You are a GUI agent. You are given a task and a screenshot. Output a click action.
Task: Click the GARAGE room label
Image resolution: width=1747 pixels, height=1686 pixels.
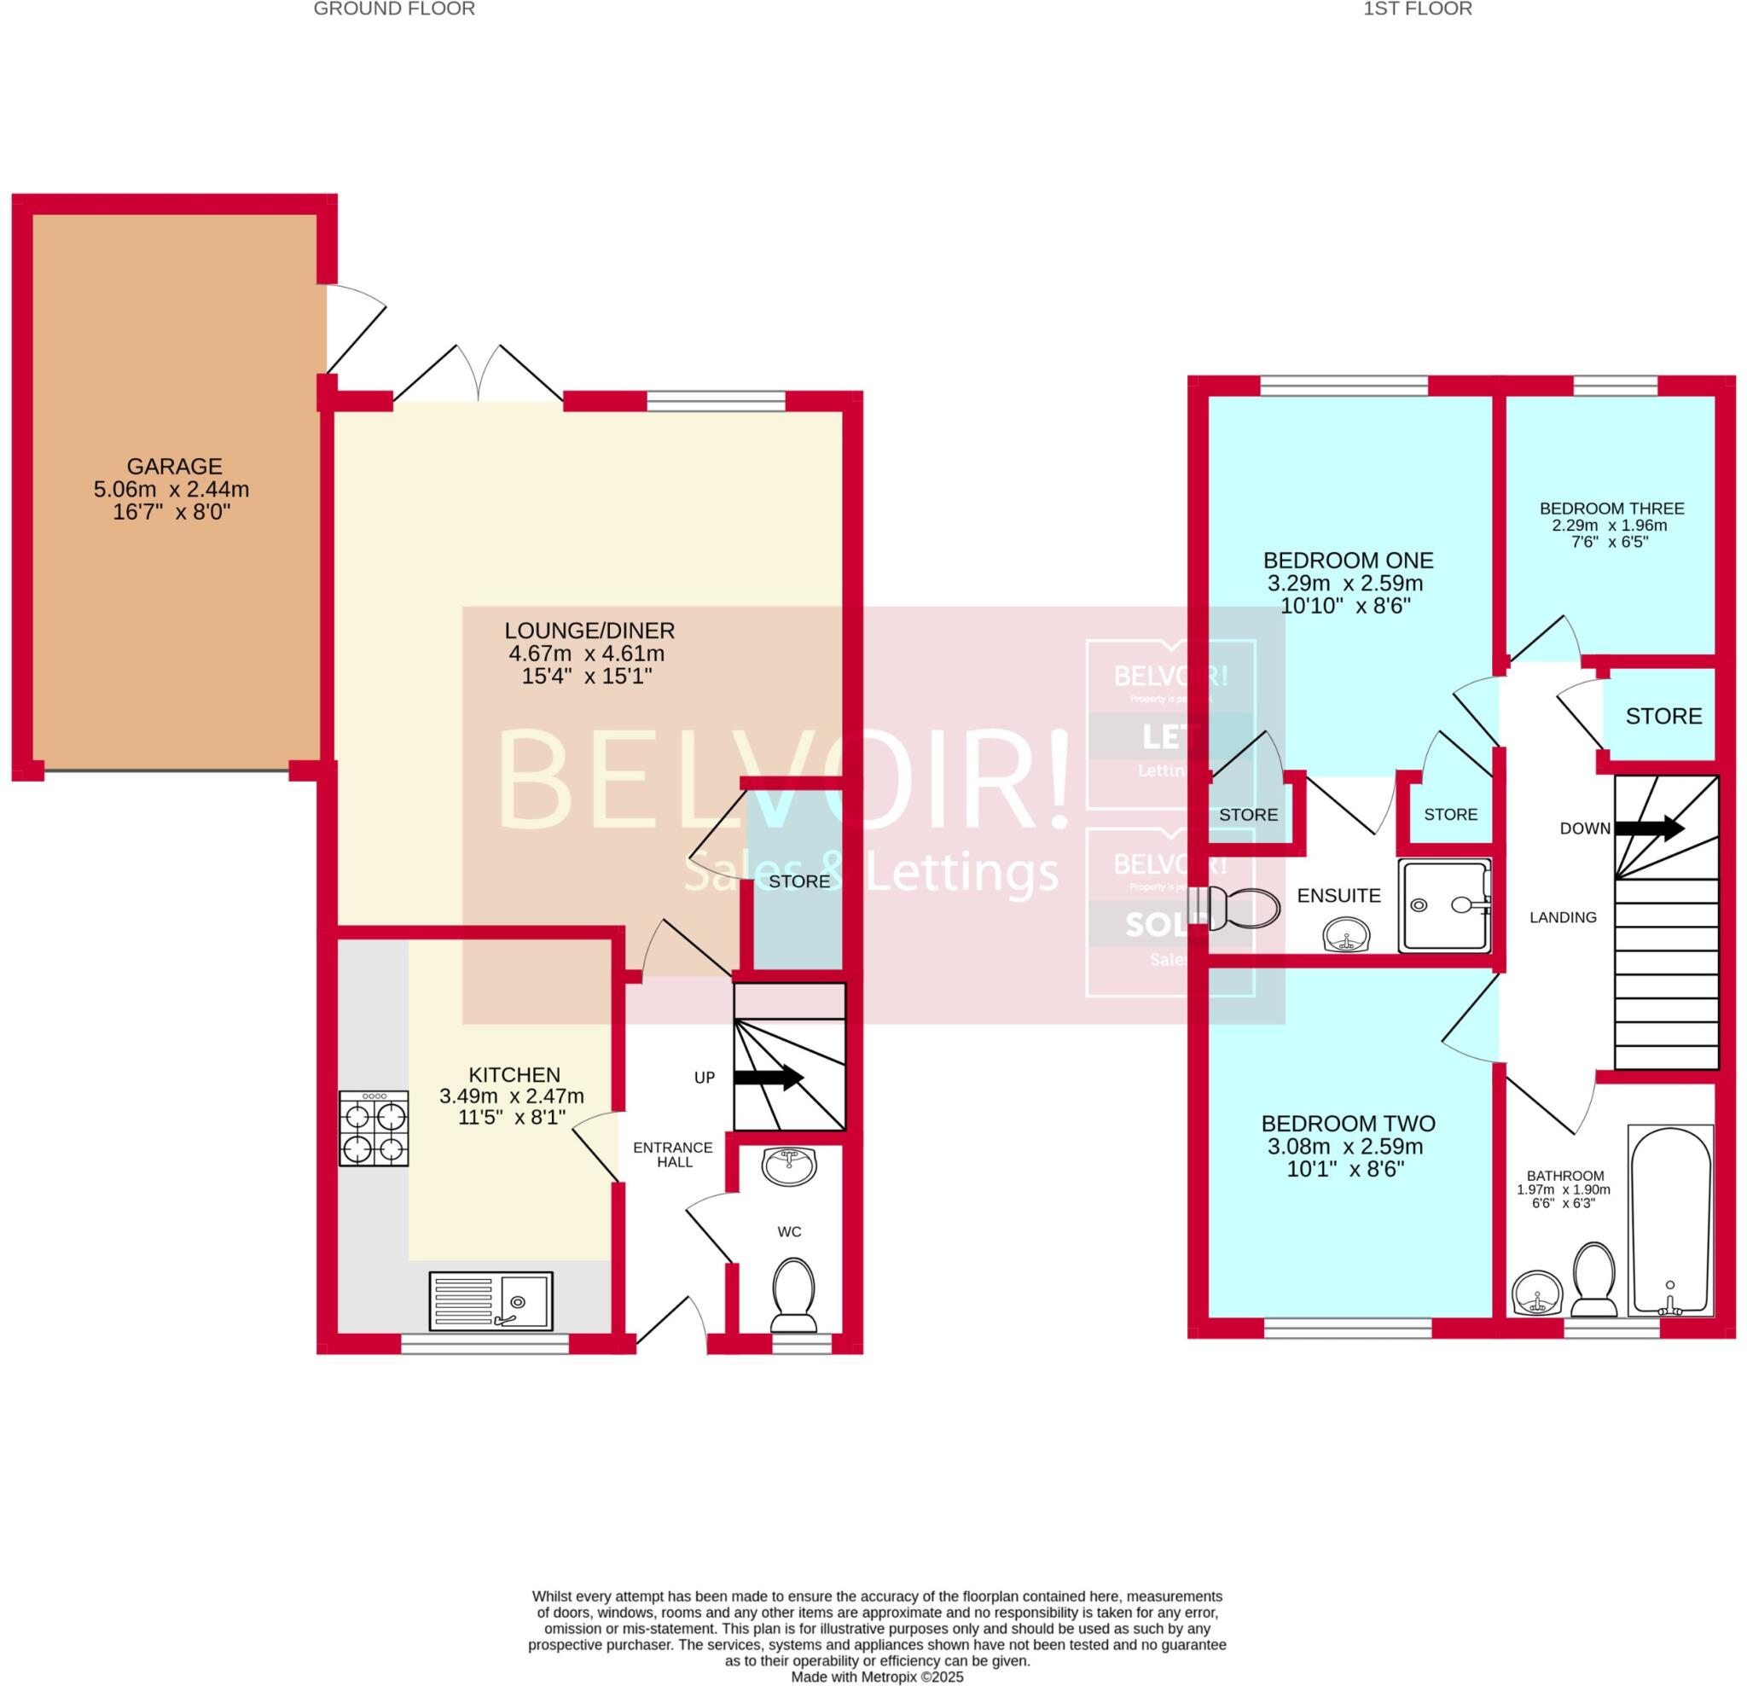click(x=174, y=467)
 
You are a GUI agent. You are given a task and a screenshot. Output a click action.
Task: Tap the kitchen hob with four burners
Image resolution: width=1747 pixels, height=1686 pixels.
click(x=374, y=1129)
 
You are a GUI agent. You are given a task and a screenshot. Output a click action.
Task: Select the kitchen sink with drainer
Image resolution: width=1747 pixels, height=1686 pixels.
click(x=491, y=1301)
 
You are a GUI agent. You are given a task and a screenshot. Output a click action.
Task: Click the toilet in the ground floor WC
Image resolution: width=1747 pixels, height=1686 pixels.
click(x=792, y=1289)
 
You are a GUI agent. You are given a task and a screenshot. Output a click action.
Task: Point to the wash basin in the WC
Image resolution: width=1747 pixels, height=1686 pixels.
click(x=790, y=1166)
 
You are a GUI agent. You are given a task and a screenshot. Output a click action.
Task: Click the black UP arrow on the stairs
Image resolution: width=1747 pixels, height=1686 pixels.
click(x=768, y=1078)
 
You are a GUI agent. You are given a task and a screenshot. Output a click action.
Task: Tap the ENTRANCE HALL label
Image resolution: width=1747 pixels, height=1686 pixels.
click(x=673, y=1154)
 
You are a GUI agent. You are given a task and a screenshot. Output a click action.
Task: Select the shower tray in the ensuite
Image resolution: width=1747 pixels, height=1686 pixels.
click(x=1444, y=906)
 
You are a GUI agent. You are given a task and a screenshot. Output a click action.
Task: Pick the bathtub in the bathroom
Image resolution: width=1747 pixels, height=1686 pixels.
click(x=1669, y=1219)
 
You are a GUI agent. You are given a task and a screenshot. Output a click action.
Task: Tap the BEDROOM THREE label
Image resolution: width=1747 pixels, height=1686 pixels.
click(x=1611, y=509)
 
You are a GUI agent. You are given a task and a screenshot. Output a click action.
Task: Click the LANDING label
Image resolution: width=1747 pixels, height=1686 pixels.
click(x=1563, y=917)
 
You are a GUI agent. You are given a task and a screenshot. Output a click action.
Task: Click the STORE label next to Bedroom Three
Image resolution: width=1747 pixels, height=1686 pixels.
click(x=1663, y=717)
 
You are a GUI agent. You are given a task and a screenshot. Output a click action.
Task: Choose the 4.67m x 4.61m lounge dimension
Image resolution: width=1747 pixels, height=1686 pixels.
click(x=587, y=654)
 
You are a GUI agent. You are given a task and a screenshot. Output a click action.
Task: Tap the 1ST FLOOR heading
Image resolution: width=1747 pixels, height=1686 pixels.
click(x=1417, y=9)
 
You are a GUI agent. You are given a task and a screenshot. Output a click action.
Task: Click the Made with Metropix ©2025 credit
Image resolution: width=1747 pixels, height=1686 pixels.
click(x=877, y=1677)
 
